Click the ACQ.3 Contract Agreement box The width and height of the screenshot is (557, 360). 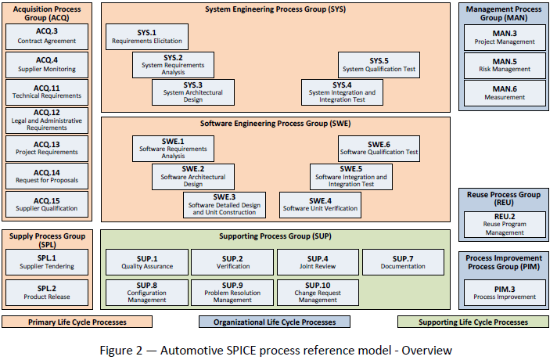click(47, 37)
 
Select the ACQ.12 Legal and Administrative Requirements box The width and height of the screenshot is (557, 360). click(47, 121)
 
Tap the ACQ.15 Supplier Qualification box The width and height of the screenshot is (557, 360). click(47, 204)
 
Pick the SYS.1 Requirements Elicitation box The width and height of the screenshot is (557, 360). click(147, 37)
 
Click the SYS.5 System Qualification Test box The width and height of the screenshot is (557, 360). click(379, 65)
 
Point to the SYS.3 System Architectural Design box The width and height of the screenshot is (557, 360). click(193, 92)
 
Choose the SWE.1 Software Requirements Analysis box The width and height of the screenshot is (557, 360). click(174, 149)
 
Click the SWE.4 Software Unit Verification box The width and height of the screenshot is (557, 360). click(321, 205)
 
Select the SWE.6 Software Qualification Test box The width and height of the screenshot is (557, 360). click(379, 149)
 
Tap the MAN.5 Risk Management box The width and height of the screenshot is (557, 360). click(505, 66)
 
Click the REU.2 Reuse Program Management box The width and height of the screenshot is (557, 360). click(505, 225)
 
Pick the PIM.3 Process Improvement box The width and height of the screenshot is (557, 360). click(505, 293)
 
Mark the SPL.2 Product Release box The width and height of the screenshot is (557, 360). click(47, 293)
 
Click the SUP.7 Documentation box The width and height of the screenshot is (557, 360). click(403, 262)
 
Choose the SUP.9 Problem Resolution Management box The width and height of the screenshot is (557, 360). click(232, 293)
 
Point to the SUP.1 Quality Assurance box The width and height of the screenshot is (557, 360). click(147, 262)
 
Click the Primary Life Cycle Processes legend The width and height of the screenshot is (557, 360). click(77, 322)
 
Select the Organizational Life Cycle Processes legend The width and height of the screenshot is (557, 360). click(275, 322)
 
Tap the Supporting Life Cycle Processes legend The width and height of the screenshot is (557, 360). click(473, 322)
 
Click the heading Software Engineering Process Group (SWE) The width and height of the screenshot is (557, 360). click(275, 124)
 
